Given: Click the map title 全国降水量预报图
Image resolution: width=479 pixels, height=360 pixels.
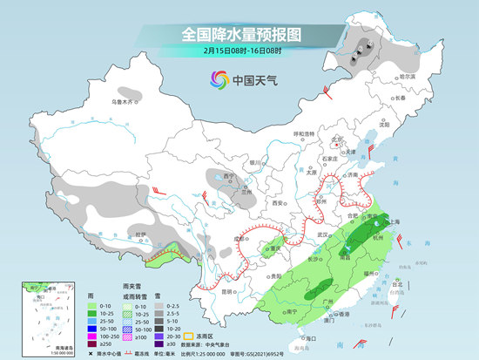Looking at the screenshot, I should [239, 34].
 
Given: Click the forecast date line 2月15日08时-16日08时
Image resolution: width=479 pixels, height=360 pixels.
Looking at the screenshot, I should [239, 51].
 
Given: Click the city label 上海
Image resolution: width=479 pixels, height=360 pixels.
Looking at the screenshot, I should [393, 222].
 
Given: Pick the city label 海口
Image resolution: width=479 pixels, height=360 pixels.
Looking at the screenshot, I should [307, 336].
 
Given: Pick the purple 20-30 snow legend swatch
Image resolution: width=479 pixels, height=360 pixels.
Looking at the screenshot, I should [160, 336].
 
